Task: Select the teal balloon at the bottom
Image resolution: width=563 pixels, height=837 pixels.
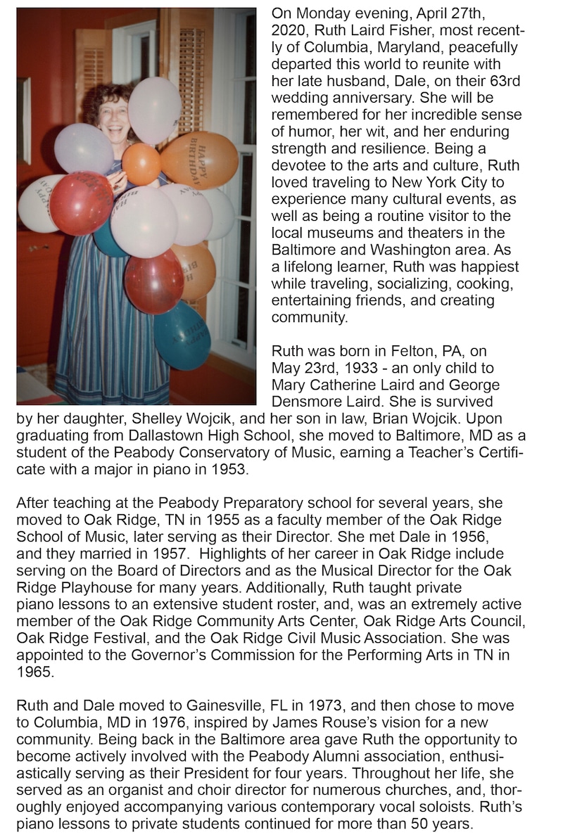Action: [x=182, y=335]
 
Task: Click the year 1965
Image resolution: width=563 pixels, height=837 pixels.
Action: [x=33, y=671]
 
